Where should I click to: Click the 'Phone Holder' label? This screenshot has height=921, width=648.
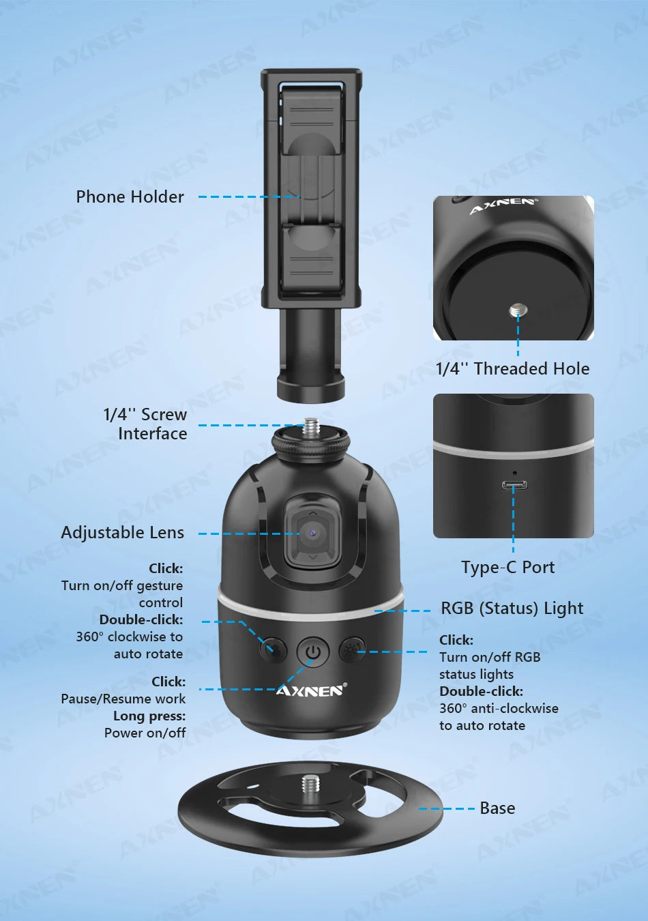[x=130, y=197]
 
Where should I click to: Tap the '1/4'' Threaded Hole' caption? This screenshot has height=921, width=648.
[x=512, y=369]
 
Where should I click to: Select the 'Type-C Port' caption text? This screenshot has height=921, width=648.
[x=507, y=568]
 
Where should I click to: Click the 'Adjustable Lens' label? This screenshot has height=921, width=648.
[x=123, y=533]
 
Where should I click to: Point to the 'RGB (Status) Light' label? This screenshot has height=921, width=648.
[x=512, y=609]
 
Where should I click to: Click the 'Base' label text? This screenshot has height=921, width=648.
[x=497, y=808]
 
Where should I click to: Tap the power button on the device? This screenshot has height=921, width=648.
[x=313, y=652]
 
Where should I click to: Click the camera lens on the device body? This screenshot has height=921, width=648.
[x=312, y=532]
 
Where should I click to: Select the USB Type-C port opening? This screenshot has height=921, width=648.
[x=514, y=486]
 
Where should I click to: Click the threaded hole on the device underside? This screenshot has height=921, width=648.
[x=518, y=312]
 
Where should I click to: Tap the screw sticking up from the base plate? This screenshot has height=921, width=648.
[x=311, y=783]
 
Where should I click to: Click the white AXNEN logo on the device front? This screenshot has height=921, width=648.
[x=311, y=690]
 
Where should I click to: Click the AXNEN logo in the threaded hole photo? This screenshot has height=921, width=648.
[x=504, y=205]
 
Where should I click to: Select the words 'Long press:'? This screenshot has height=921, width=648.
[x=149, y=716]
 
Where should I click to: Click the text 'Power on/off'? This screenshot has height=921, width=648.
[x=145, y=733]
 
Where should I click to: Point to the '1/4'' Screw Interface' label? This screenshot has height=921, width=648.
[x=145, y=424]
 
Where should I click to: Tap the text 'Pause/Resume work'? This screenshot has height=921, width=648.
[x=123, y=699]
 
